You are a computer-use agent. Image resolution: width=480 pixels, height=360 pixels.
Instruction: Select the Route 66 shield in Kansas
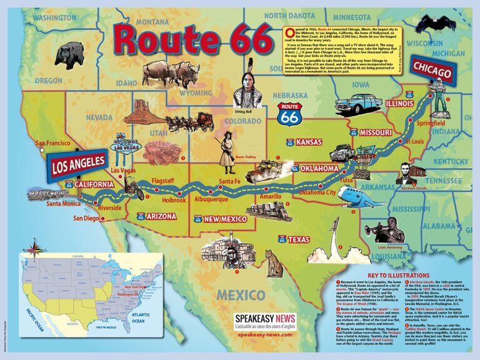(290, 142)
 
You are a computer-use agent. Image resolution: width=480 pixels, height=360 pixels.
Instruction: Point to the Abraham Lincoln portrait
(412, 174)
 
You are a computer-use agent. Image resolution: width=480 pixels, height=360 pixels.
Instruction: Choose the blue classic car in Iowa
(358, 103)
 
